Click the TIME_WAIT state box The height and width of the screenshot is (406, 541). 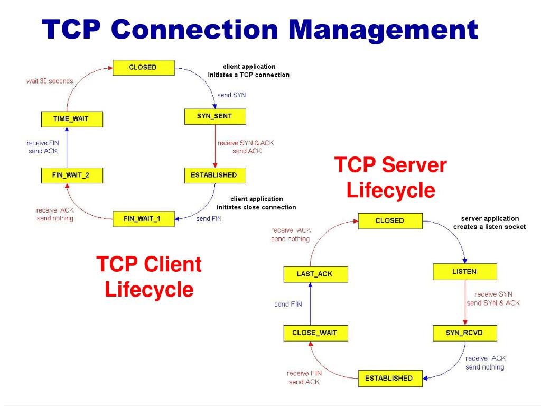tap(72, 119)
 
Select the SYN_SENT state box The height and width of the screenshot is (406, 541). tap(215, 117)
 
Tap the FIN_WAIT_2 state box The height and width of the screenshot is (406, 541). tap(72, 176)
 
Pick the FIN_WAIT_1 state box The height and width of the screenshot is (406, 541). tap(144, 219)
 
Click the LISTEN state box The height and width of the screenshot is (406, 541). tap(465, 272)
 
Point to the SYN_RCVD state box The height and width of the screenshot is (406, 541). tap(465, 333)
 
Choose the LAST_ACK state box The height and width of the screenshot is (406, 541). tap(316, 274)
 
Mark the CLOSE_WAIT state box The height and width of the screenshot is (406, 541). tap(316, 333)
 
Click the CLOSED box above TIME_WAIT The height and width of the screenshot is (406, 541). tap(144, 68)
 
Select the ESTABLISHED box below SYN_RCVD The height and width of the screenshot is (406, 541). tap(390, 379)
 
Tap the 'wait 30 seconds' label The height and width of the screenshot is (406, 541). tap(50, 81)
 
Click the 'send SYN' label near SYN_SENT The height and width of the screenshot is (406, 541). tap(231, 95)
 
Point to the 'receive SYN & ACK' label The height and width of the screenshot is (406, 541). tap(246, 143)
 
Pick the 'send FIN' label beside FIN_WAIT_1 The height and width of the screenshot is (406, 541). tap(209, 219)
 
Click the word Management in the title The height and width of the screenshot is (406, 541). tap(383, 30)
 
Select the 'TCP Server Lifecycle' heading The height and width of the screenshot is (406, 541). tap(390, 178)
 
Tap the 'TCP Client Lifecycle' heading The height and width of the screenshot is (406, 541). tap(149, 276)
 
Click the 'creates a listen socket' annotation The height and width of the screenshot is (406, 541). tap(490, 227)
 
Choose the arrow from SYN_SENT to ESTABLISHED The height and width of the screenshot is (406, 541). tap(216, 146)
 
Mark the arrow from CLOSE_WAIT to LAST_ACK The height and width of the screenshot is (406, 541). tap(310, 304)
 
